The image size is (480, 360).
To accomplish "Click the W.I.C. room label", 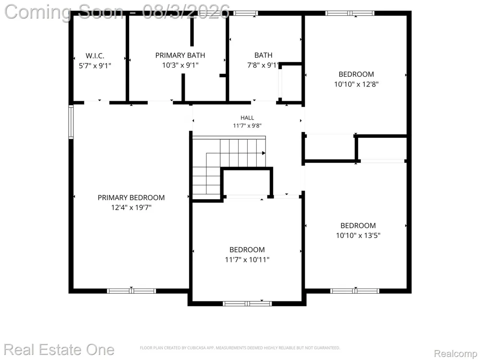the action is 95,56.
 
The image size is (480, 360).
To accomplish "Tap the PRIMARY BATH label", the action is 180,55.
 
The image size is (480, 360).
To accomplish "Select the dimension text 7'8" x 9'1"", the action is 263,65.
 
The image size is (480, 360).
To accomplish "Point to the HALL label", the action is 247,118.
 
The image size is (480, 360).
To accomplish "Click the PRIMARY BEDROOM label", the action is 131,198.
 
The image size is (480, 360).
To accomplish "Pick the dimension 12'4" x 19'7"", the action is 131,207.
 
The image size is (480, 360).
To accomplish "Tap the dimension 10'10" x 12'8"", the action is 356,84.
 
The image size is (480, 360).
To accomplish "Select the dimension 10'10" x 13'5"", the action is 358,235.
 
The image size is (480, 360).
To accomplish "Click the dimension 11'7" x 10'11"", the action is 247,260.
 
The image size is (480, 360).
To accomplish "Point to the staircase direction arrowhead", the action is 263,153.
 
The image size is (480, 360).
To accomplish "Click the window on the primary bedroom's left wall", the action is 71,122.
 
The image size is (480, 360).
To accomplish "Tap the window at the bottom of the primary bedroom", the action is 132,291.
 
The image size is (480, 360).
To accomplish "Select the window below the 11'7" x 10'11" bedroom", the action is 247,304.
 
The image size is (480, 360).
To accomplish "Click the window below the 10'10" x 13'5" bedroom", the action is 355,291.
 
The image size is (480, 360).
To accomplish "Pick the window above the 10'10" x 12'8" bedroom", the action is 350,13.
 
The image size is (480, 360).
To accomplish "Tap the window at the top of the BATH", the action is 245,13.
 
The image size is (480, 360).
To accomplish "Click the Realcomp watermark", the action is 456,353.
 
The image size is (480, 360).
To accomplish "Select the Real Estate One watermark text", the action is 59,349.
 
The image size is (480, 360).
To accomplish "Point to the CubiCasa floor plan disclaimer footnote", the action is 240,348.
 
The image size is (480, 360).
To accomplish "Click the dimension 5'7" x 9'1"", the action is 95,65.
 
